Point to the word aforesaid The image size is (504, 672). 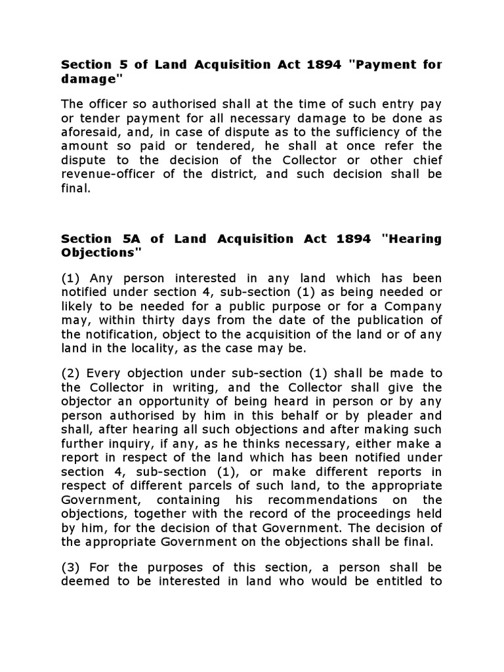pos(89,131)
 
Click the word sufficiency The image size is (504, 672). pos(381,131)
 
